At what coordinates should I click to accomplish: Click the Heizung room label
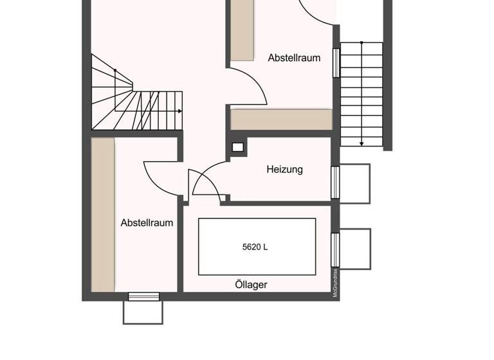point(284,170)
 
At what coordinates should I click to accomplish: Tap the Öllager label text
point(251,284)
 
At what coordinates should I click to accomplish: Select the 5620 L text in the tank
point(255,246)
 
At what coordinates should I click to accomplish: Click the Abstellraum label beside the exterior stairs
point(294,57)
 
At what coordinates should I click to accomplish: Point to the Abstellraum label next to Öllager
point(147,223)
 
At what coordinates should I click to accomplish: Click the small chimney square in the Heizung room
point(238,147)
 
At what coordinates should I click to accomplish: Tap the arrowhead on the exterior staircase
point(361,143)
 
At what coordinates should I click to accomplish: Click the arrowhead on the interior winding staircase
point(179,111)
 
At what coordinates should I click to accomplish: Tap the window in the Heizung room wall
point(334,183)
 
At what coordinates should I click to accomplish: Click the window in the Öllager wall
point(334,249)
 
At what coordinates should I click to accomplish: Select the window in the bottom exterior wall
point(143,296)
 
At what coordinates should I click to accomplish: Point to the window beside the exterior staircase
point(336,62)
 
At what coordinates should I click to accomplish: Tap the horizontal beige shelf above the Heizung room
point(281,119)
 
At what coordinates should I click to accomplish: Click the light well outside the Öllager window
point(354,249)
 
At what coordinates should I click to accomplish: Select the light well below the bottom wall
point(143,312)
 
